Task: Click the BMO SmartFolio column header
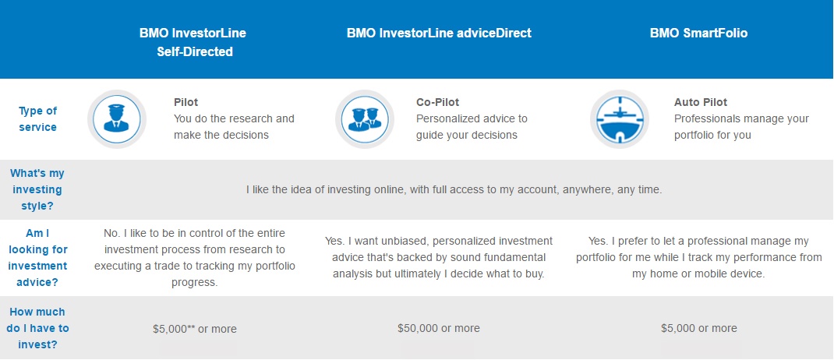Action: (x=698, y=33)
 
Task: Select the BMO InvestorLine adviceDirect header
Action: (x=439, y=33)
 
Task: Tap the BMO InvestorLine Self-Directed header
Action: (x=193, y=43)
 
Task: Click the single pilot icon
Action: (x=116, y=119)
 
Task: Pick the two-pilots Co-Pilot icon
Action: (x=364, y=119)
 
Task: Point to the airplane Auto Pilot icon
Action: (x=619, y=119)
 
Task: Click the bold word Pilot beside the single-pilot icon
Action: (x=186, y=102)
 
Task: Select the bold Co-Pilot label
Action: (x=437, y=102)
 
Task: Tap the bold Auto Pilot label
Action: (x=701, y=102)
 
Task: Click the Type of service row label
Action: (x=37, y=119)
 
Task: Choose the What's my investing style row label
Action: (x=37, y=189)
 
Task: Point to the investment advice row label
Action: (x=37, y=257)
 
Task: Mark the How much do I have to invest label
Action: (x=37, y=328)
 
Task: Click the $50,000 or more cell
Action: (x=439, y=328)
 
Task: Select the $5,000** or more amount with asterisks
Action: (x=195, y=329)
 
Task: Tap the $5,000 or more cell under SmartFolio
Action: (x=699, y=328)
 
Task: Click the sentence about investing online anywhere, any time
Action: (x=454, y=190)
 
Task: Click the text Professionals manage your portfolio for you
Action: (x=741, y=126)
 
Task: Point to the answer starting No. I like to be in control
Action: (x=195, y=257)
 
